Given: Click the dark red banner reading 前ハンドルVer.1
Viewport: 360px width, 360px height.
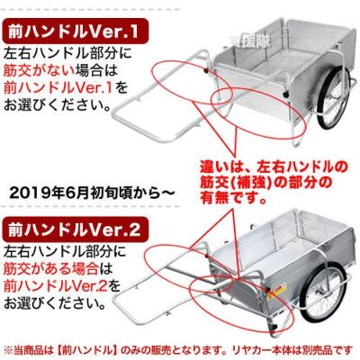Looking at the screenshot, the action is point(75,31).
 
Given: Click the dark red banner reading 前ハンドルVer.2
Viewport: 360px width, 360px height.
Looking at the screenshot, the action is point(75,230).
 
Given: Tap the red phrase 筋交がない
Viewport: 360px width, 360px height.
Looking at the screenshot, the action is point(39,71).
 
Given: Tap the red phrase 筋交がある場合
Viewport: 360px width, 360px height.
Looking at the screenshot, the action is point(50,268).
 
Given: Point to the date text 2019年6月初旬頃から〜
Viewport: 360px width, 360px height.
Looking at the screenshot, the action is point(92,193).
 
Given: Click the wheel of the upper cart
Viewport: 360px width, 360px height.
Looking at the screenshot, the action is point(333,99).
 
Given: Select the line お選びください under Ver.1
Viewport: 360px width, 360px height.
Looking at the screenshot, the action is point(57,105).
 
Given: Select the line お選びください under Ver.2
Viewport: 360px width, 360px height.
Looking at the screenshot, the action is point(55,303).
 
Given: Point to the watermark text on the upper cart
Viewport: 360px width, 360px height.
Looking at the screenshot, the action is point(249,41).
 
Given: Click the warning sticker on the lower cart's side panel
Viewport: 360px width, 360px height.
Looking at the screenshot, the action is point(276,292).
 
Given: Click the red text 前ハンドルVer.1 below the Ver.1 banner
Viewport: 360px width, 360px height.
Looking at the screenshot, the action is point(58,88).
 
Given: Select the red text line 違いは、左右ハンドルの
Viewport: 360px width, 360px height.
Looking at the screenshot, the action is point(273,166).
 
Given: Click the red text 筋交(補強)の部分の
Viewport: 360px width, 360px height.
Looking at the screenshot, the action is point(266,183).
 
